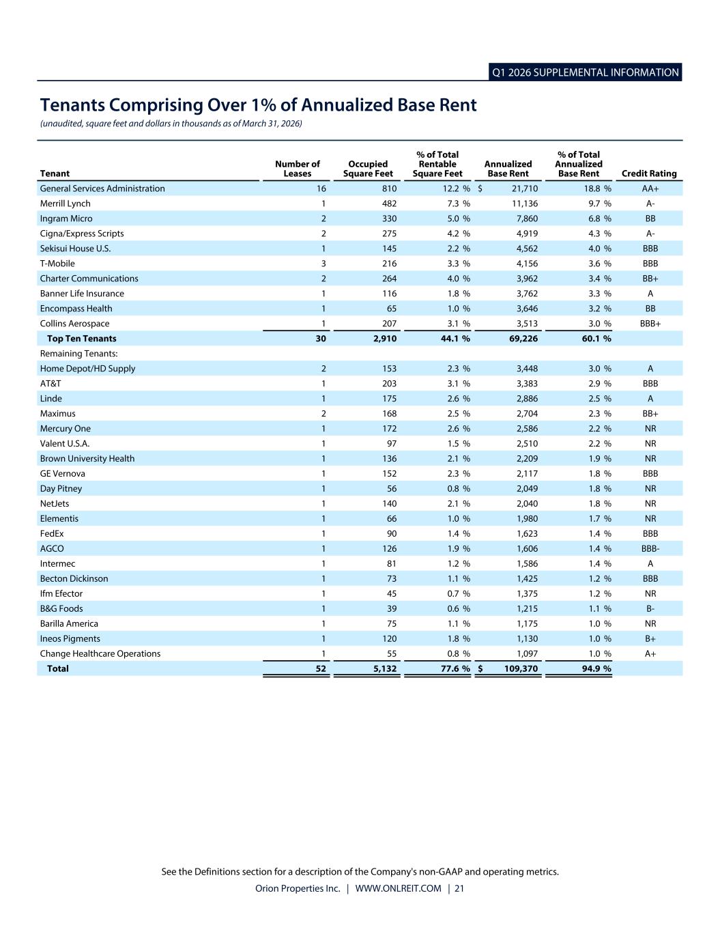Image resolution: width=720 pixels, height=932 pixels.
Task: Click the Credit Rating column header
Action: (x=649, y=173)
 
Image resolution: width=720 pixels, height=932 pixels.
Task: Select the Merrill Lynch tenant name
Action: (x=65, y=203)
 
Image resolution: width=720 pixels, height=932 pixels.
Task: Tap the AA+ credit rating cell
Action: (x=650, y=188)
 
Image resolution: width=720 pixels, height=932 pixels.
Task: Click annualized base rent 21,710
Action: (x=525, y=188)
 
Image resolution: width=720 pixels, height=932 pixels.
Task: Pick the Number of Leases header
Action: (x=297, y=169)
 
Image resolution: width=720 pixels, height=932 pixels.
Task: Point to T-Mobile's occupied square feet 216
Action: (x=389, y=264)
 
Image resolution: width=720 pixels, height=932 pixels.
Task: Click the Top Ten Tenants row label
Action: (x=81, y=339)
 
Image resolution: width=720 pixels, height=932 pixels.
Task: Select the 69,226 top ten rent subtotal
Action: (x=523, y=339)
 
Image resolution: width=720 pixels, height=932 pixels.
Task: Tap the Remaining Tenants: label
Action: (x=79, y=354)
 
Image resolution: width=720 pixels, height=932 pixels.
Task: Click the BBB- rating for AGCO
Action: (x=650, y=548)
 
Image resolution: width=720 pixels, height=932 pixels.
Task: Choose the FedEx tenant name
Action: (x=52, y=533)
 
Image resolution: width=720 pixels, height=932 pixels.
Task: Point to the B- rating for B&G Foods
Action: (x=650, y=608)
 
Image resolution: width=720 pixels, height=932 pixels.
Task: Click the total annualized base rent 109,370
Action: (x=521, y=668)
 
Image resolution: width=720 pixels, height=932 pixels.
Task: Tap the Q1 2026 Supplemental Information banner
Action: (x=585, y=72)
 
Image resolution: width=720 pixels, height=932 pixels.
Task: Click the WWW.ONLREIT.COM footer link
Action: (x=398, y=888)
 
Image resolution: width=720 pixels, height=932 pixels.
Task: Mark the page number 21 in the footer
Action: (x=459, y=888)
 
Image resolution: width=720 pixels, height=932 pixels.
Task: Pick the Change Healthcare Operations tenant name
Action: (x=100, y=653)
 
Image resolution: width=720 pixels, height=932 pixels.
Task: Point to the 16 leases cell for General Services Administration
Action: (x=321, y=188)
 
